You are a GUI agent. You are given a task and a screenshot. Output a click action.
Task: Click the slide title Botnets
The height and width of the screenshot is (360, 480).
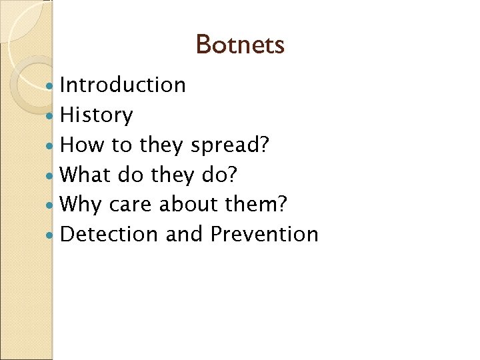(240, 45)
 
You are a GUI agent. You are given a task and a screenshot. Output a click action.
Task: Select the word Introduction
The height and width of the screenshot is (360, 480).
(123, 85)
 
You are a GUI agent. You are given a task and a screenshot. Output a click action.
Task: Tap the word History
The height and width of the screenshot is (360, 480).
(97, 115)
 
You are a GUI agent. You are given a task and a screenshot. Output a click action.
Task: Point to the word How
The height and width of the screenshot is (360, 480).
(80, 145)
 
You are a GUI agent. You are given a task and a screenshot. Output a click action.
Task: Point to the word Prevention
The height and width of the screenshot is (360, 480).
(264, 235)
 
